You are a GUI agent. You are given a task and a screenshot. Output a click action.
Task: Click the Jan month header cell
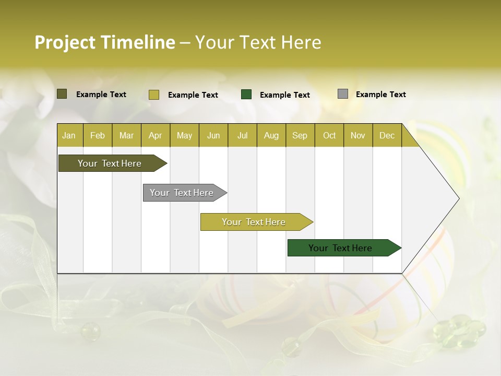coord(69,135)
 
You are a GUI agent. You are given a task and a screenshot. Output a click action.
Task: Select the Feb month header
coord(98,135)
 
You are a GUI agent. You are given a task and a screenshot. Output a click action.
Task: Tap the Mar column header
coord(126,135)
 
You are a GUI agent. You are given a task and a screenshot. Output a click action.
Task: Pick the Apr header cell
coord(156,135)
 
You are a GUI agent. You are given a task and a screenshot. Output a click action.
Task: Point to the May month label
coord(184,135)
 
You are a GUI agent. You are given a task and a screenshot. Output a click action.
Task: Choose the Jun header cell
coord(213,135)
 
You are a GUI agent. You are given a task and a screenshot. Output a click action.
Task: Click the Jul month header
coord(242,135)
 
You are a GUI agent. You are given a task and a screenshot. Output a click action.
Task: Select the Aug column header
coord(271,135)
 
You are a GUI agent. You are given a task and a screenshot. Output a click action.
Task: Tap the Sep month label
coord(300,135)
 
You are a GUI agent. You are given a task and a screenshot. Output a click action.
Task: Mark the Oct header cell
coord(329,135)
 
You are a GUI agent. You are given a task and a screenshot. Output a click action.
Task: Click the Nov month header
coord(358,135)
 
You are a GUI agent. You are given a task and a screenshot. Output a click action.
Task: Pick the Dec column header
coord(387,135)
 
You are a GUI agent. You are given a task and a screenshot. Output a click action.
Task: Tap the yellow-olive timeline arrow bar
coord(254,222)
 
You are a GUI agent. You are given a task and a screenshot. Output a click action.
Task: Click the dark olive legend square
coord(62,94)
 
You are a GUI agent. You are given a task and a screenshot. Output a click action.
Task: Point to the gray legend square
coord(342,94)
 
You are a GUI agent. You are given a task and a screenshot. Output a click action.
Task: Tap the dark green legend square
coord(246,95)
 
